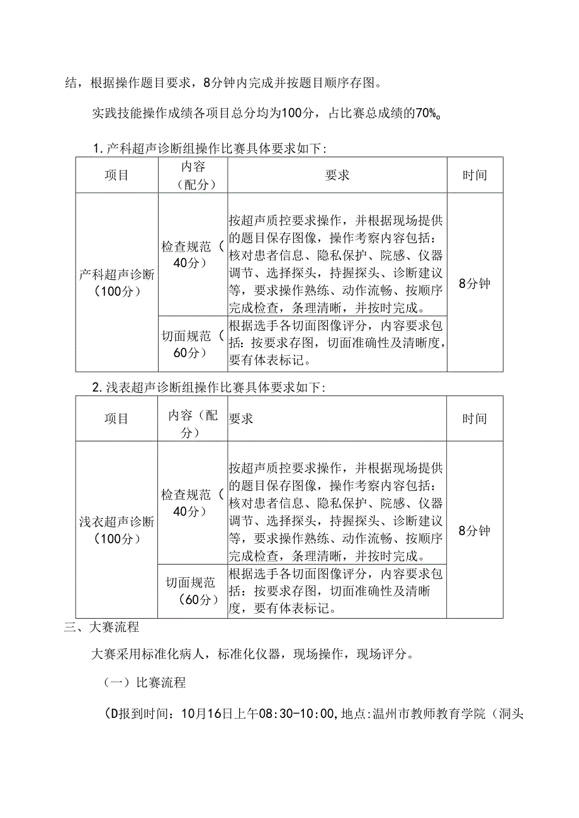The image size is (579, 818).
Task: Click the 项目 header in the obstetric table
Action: (116, 175)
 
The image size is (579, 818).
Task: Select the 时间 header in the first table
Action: (475, 175)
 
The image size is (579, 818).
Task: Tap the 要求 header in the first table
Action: (337, 175)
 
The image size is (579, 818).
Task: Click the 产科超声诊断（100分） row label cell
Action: (116, 282)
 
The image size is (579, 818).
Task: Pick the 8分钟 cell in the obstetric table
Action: (475, 283)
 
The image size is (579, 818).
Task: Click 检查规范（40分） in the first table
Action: (193, 255)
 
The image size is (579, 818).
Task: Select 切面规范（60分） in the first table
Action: (193, 344)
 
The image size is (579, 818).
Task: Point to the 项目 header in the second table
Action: (116, 419)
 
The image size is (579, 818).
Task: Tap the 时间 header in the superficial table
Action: (475, 419)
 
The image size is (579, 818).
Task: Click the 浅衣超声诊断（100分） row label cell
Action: (116, 529)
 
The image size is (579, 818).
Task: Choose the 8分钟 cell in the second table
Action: (475, 531)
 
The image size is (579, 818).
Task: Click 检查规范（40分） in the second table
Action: (193, 502)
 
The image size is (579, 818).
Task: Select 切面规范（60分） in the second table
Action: (193, 591)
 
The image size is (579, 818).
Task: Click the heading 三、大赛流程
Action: (102, 627)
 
